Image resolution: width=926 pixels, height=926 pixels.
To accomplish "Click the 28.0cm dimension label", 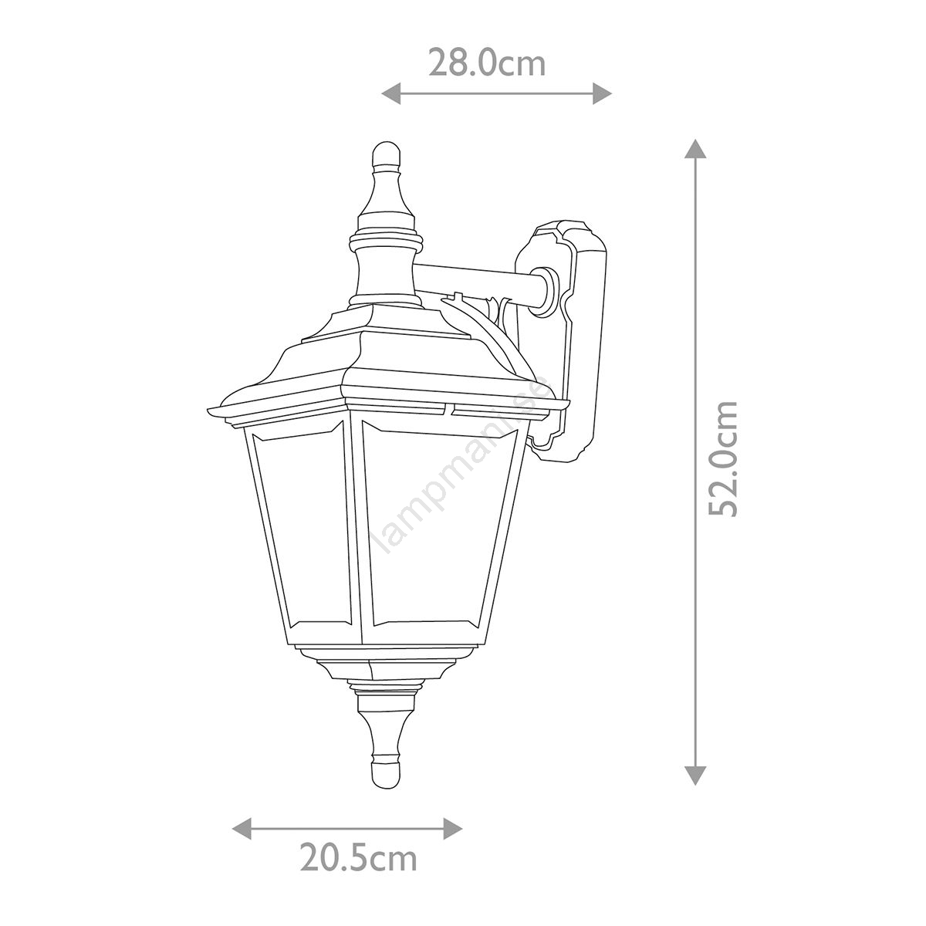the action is pyautogui.click(x=487, y=63).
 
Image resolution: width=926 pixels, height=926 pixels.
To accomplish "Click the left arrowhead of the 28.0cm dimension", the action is pyautogui.click(x=391, y=93).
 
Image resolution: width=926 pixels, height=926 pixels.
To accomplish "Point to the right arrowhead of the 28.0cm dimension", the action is pyautogui.click(x=602, y=93).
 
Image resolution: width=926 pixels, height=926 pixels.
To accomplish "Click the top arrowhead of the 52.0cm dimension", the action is pyautogui.click(x=694, y=148).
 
